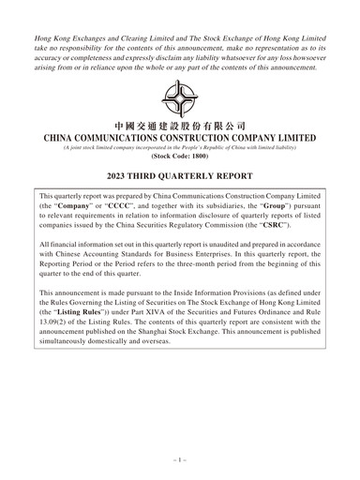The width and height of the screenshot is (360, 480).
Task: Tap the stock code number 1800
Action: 190,157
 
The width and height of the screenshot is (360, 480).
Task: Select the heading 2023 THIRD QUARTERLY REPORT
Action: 179,176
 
